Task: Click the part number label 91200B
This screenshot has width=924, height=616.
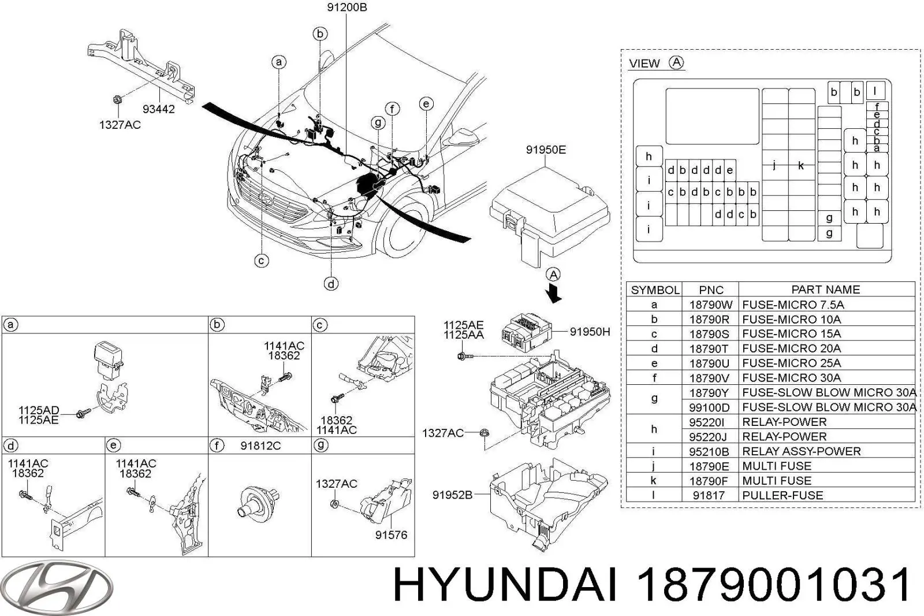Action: tap(346, 8)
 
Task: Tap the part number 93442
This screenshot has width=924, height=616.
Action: tap(159, 109)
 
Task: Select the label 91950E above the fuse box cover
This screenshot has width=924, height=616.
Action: tap(545, 150)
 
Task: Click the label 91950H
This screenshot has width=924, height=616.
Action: tap(590, 332)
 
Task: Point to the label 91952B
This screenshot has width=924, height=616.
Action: tap(452, 495)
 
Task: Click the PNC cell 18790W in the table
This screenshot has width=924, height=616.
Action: tap(710, 305)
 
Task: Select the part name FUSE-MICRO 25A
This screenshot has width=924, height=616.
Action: tap(791, 363)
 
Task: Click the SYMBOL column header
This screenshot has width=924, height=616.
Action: tap(654, 290)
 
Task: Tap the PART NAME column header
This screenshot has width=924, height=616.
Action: tap(825, 290)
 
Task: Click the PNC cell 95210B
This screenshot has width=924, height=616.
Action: tap(709, 451)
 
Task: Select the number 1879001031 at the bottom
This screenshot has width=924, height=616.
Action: tap(773, 585)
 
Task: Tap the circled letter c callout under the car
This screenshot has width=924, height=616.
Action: tap(262, 261)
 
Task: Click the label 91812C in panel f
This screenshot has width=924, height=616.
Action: tap(260, 446)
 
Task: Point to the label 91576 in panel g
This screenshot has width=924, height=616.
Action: tap(391, 535)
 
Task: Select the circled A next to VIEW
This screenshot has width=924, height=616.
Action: tap(676, 62)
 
